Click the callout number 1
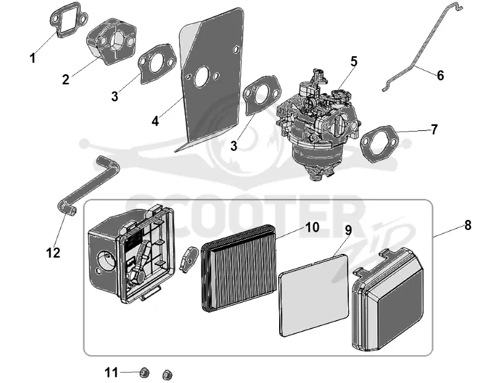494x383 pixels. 33,58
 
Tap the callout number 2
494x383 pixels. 65,80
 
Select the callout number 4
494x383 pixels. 155,121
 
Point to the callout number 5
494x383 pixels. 354,62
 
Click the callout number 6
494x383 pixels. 440,75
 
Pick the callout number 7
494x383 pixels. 434,130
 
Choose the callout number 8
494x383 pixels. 468,225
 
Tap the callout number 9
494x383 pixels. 348,230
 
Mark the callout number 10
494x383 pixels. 312,227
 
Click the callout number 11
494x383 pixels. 111,373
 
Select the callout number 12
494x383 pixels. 53,253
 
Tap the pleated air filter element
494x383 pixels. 238,268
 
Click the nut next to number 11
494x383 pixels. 144,373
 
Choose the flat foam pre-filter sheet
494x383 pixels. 314,295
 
